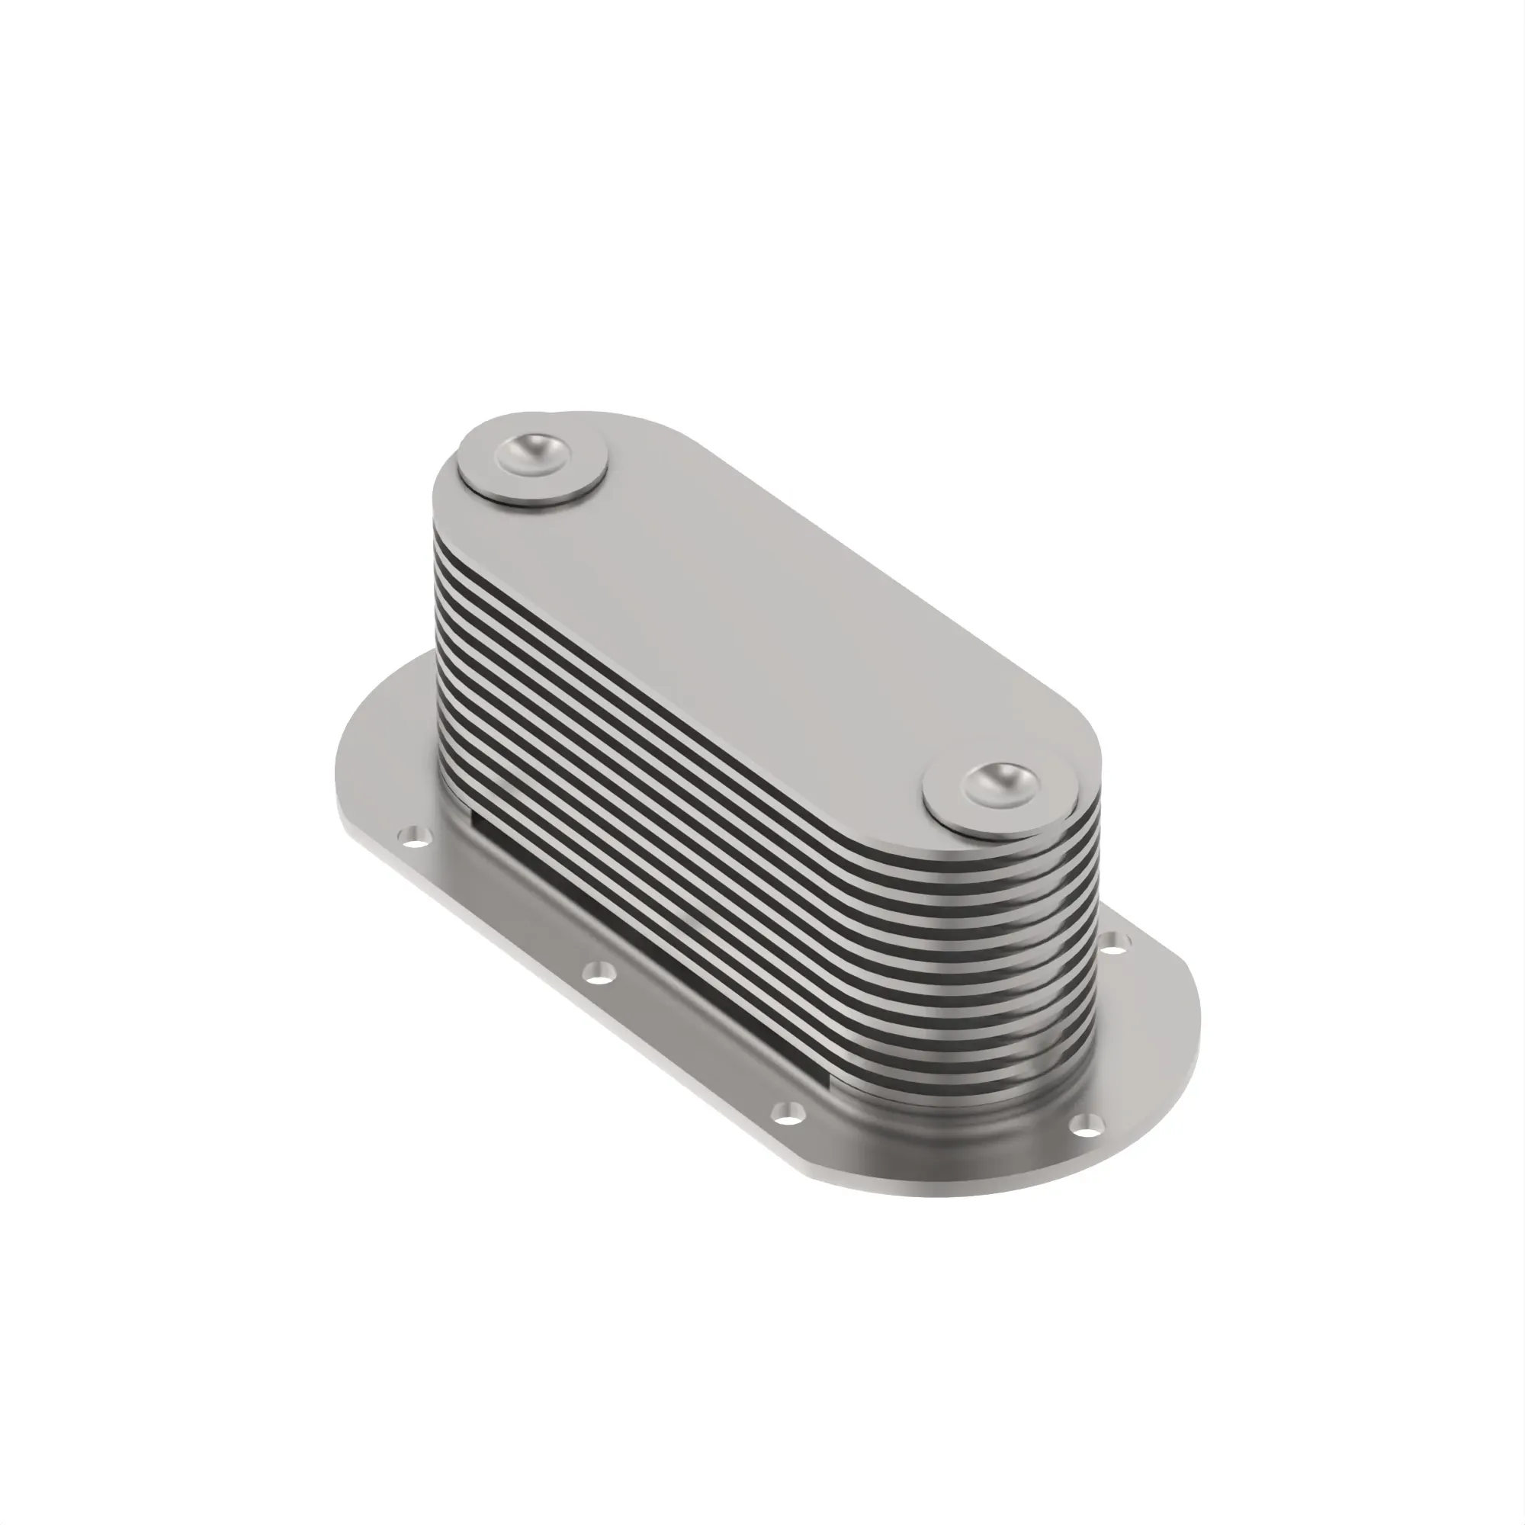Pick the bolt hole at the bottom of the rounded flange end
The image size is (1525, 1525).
tap(1086, 1145)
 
